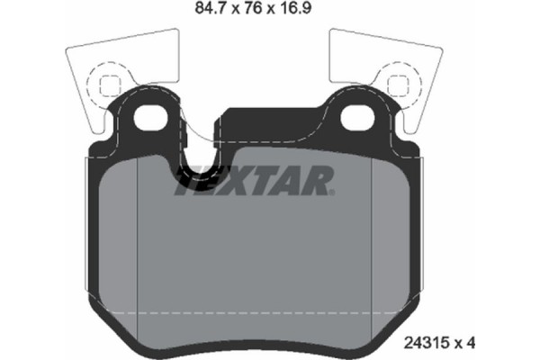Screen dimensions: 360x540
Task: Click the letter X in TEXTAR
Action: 247,183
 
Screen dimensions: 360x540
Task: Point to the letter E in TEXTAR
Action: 219,183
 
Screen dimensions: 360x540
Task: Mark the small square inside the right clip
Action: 398,85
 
